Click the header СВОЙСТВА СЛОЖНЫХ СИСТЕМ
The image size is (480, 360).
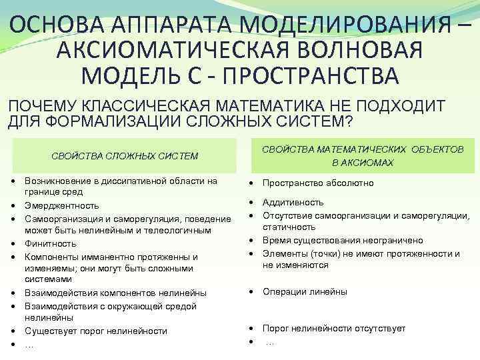[x=125, y=156]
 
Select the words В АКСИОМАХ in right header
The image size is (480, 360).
[x=363, y=162]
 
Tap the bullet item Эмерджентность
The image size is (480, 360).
[x=61, y=205]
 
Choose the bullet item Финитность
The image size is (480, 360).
[x=50, y=243]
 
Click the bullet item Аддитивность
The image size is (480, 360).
[x=293, y=202]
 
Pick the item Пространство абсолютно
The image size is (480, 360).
[x=318, y=183]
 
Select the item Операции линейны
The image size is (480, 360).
[x=305, y=291]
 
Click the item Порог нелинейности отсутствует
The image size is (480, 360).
[x=333, y=328]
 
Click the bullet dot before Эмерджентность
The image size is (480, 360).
[x=13, y=206]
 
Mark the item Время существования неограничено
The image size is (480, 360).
[x=342, y=240]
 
